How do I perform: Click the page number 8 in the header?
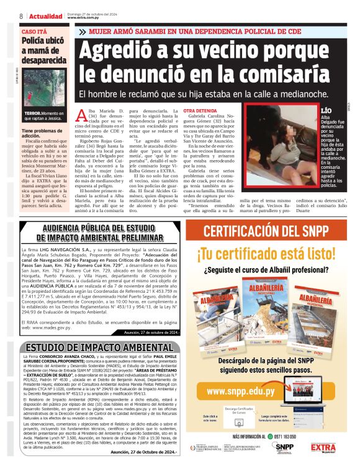point(20,16)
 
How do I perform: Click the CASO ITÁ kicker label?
point(34,31)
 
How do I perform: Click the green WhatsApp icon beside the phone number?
point(269,436)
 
